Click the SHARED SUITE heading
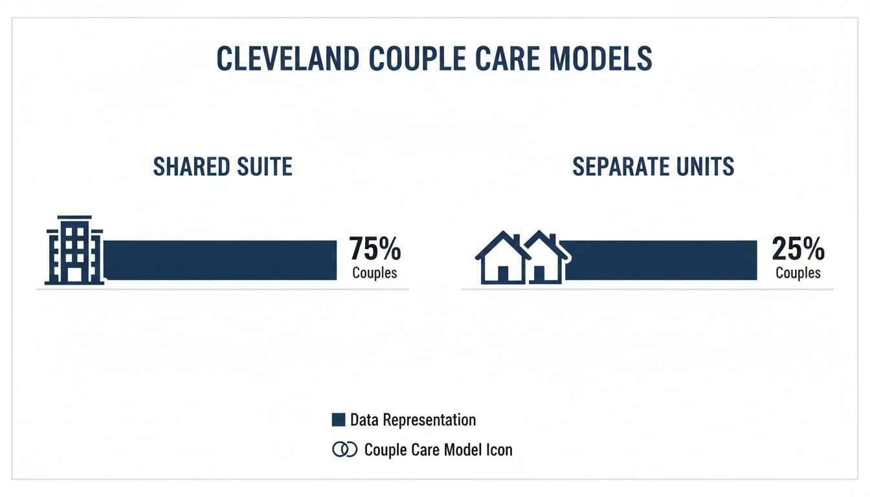point(223,167)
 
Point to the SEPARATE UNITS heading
point(653,167)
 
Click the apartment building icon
point(74,250)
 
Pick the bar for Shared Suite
point(220,260)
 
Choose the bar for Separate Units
point(660,260)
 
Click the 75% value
point(375,249)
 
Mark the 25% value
point(798,249)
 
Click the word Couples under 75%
point(375,272)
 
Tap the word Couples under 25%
point(798,272)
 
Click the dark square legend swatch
point(338,420)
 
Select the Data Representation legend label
point(413,420)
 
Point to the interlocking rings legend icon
point(344,449)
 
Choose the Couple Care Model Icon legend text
point(438,449)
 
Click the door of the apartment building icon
point(74,274)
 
